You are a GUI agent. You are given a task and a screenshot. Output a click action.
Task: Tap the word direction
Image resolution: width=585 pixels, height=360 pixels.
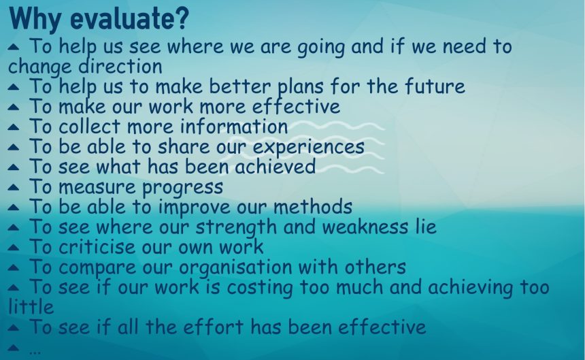121,67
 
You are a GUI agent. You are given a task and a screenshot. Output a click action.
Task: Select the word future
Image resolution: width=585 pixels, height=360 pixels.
435,86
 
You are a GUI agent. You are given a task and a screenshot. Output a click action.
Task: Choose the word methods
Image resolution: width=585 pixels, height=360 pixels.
313,207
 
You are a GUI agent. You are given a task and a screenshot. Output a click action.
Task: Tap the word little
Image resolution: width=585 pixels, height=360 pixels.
31,308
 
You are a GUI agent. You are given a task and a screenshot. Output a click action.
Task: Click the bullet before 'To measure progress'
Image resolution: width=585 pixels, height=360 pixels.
13,187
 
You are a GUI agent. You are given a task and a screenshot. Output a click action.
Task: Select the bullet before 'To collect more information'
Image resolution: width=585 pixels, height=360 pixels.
13,127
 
